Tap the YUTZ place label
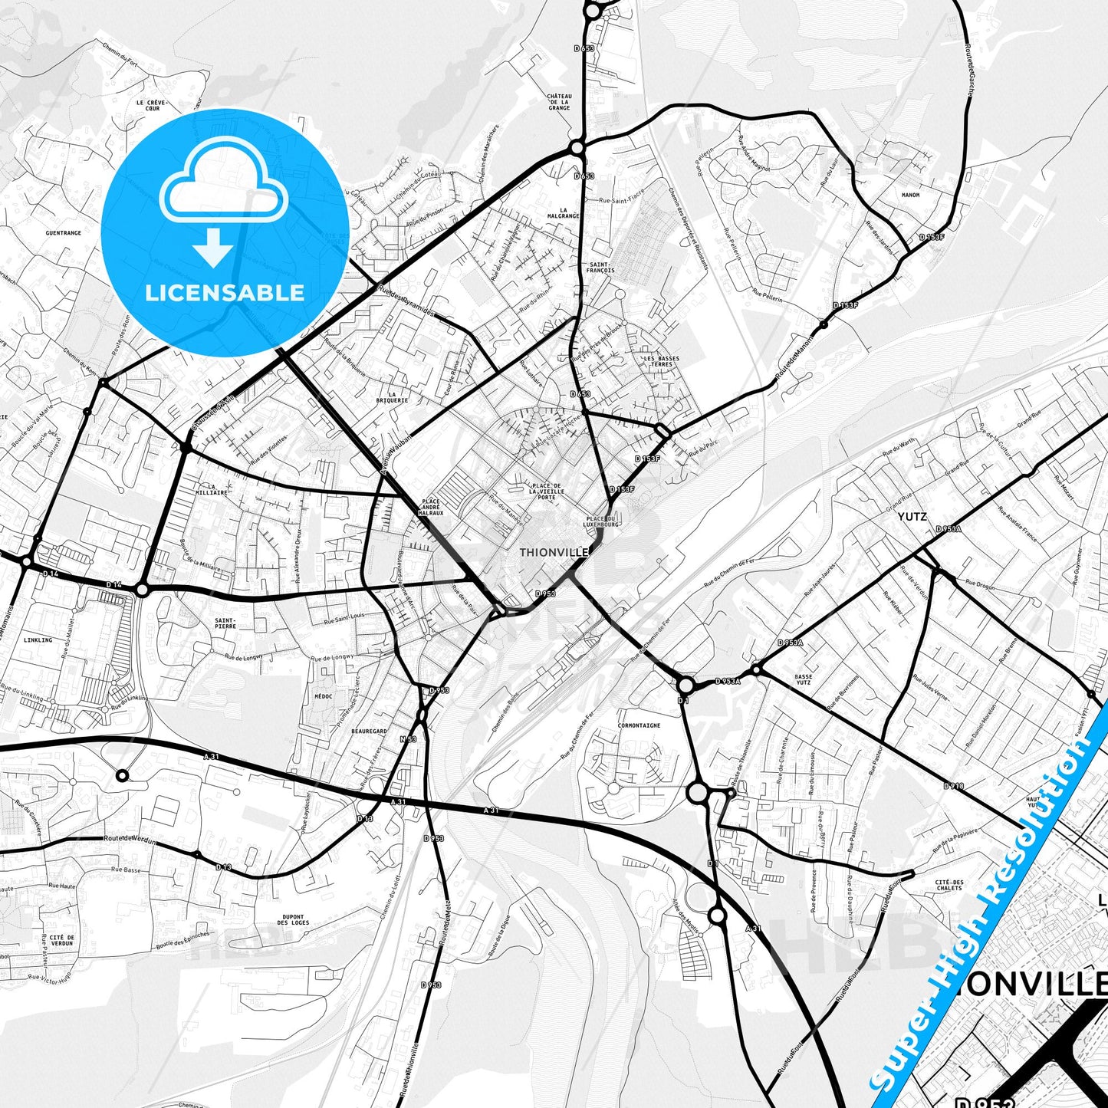[x=912, y=517]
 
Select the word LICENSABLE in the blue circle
[x=225, y=292]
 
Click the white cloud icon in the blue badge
[x=223, y=184]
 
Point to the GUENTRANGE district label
[x=63, y=233]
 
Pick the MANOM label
[x=910, y=196]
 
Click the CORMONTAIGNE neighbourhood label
[x=639, y=725]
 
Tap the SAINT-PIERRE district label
[x=225, y=623]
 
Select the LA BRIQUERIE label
[x=392, y=397]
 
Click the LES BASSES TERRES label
[x=661, y=361]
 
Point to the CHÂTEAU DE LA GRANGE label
[x=559, y=102]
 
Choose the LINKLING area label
[x=38, y=639]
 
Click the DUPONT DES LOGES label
[x=293, y=919]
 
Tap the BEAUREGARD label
[x=369, y=732]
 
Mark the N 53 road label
[x=408, y=739]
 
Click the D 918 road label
[x=953, y=786]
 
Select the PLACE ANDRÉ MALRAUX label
[x=430, y=508]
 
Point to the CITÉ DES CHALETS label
[x=949, y=885]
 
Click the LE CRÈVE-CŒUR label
[x=152, y=105]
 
